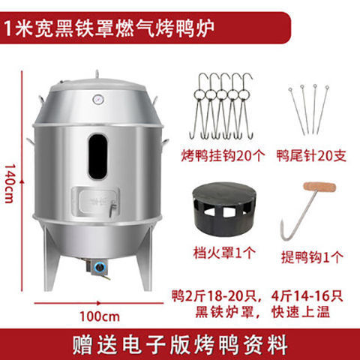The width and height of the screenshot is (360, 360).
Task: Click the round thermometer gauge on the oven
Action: [97, 99]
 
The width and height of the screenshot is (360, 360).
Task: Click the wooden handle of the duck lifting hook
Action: [321, 187]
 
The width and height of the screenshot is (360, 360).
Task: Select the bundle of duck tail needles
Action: [308, 109]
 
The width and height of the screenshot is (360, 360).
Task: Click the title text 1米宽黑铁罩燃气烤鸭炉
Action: [109, 28]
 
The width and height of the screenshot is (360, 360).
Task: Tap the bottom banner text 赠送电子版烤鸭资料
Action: [180, 344]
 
